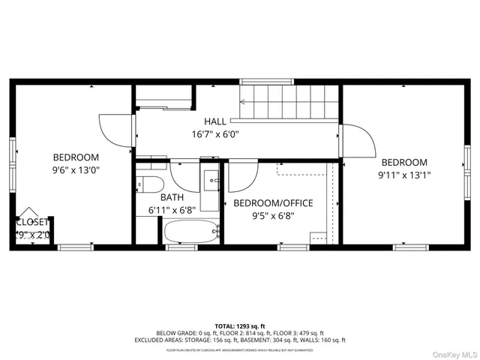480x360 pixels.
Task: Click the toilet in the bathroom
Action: click(x=148, y=184)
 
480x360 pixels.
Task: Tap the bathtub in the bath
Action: click(x=191, y=233)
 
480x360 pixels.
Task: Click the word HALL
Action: click(x=215, y=121)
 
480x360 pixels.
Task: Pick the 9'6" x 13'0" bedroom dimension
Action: click(x=76, y=170)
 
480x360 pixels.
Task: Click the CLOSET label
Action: click(x=33, y=222)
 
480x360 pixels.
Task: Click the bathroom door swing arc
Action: click(x=183, y=175)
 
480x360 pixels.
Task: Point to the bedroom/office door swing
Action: click(x=241, y=178)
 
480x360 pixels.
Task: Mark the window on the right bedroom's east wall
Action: click(x=466, y=165)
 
